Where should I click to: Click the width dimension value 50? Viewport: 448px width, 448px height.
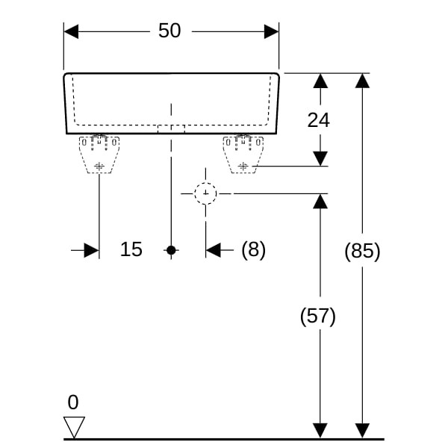pos(170,31)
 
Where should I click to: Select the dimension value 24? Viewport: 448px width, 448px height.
pos(319,119)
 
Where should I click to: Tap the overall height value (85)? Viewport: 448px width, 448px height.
pos(362,252)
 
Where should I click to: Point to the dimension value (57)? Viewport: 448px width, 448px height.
pos(318,317)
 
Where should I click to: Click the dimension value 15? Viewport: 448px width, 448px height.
pos(131,249)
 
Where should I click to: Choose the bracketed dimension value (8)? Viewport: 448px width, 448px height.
pos(253,249)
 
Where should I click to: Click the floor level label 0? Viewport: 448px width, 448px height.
pos(72,402)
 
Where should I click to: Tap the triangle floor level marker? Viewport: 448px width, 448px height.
pos(74,426)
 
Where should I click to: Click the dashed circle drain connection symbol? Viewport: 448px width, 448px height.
pos(205,194)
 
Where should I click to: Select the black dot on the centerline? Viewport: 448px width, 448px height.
pos(171,250)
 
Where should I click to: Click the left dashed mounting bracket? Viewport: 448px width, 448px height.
pos(99,154)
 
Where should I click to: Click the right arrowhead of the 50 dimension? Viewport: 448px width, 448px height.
pos(271,31)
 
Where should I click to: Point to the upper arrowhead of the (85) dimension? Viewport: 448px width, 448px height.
pos(362,81)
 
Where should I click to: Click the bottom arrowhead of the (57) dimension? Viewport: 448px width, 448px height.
pos(320,430)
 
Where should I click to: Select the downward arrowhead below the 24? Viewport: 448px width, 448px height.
pos(320,158)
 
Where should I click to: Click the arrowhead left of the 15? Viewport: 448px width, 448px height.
pos(91,250)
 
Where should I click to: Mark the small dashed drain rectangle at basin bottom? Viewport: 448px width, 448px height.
pos(171,128)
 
